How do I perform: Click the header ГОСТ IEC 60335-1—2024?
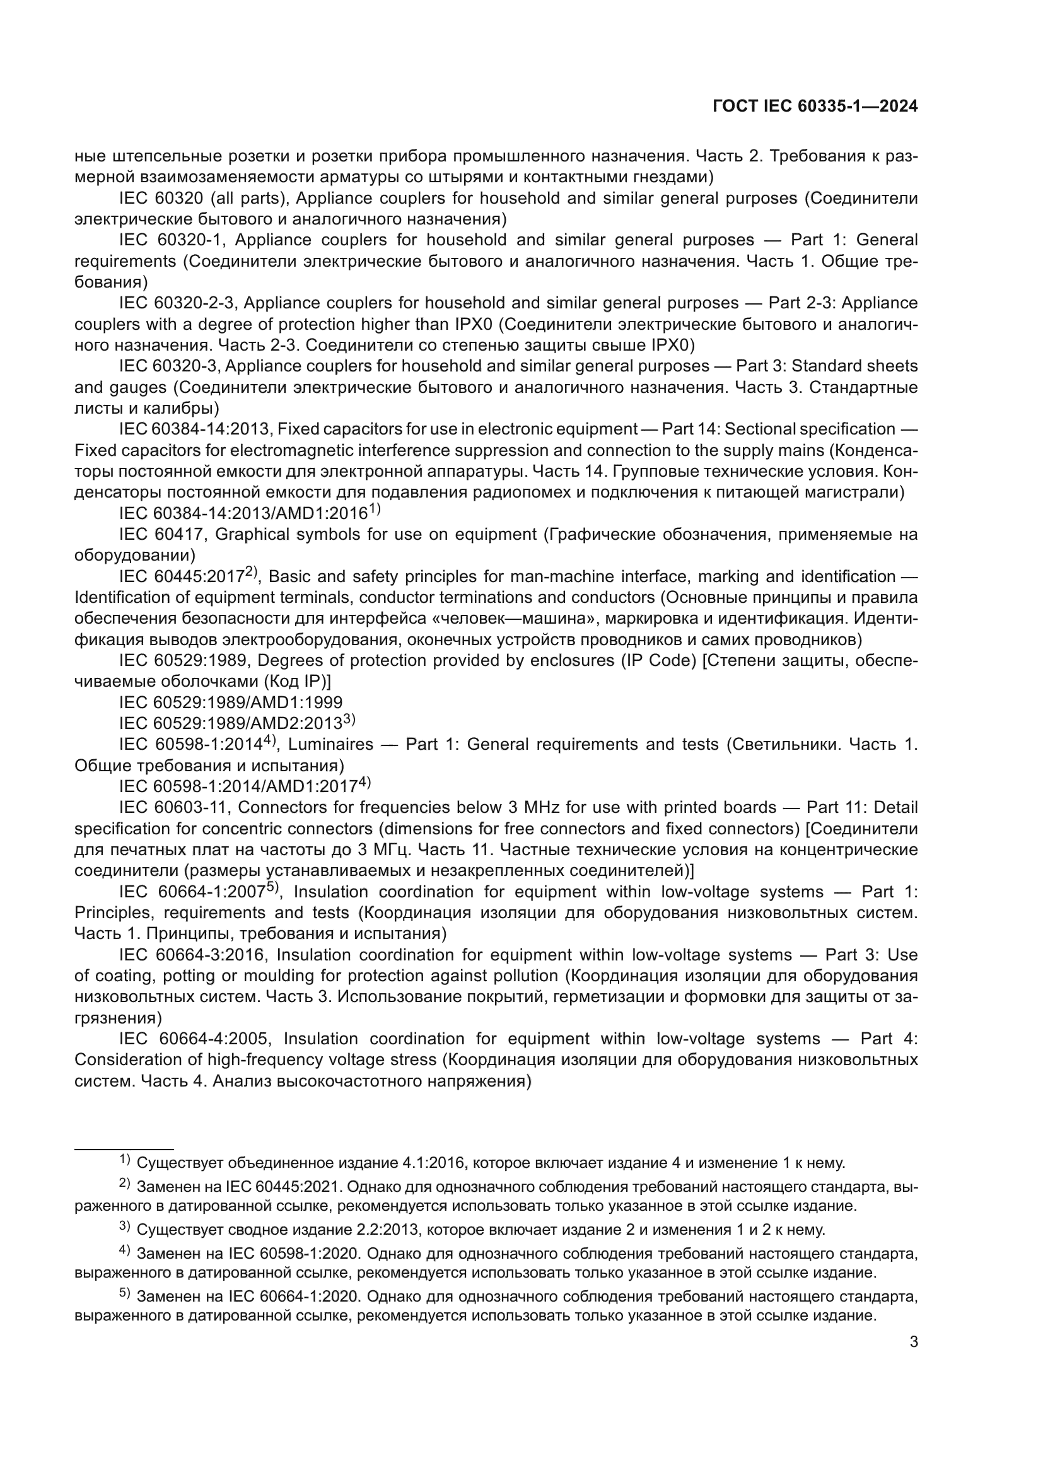point(814,107)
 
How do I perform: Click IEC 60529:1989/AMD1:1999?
point(231,702)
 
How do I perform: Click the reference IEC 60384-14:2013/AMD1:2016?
point(243,513)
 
